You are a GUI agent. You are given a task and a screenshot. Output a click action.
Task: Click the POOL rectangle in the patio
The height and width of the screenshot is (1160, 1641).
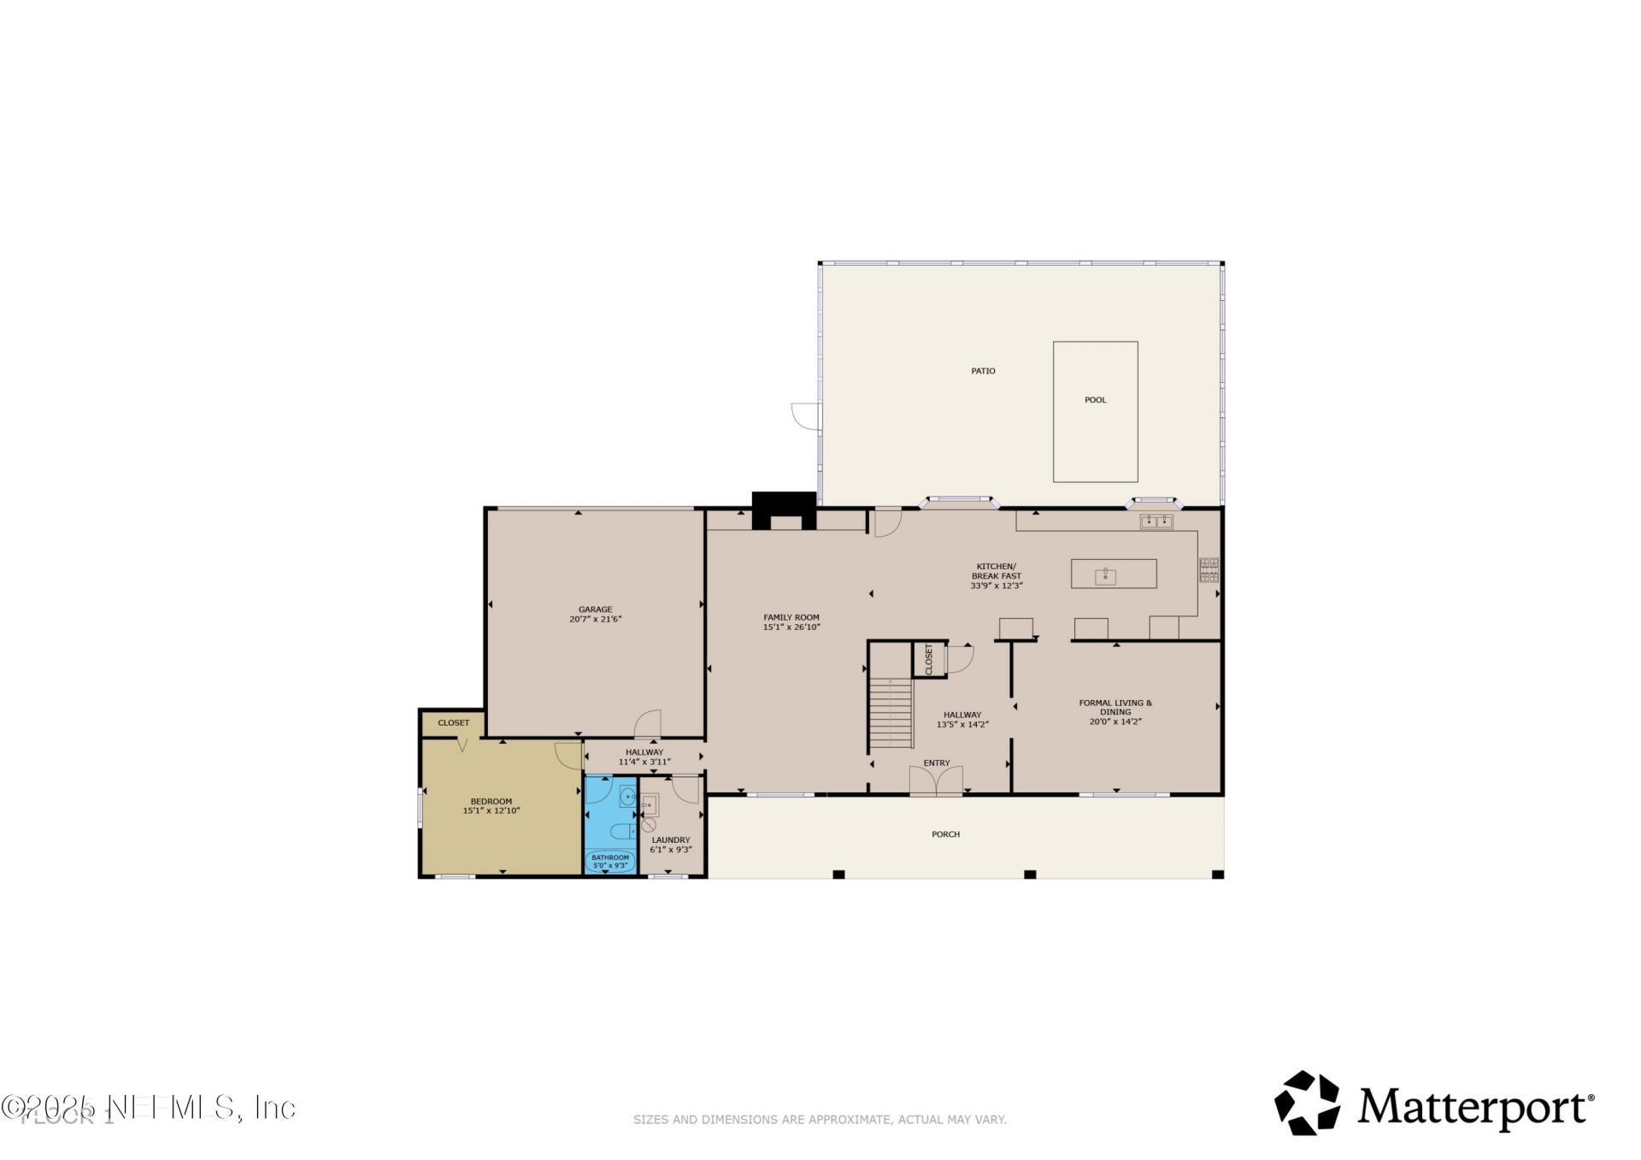[1095, 412]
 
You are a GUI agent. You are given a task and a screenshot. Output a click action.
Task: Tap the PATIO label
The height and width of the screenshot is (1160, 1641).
[983, 371]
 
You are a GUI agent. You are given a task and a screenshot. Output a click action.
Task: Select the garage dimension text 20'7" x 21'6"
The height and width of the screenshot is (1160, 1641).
[595, 619]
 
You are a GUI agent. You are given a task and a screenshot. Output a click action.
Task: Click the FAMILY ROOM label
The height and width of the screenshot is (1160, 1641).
[791, 617]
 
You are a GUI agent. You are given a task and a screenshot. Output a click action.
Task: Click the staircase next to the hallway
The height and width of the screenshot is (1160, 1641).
[891, 713]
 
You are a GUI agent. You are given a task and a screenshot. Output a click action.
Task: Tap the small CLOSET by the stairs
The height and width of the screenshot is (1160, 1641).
[928, 659]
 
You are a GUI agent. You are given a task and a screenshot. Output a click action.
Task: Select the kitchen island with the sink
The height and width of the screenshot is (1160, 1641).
[1114, 574]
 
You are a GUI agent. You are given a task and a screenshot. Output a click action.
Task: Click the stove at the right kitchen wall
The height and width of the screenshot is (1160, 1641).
[1209, 569]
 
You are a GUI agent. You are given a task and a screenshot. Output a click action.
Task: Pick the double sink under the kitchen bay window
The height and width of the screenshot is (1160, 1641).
[1156, 521]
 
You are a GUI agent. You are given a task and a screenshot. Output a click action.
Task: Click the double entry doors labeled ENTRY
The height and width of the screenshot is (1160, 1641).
[936, 780]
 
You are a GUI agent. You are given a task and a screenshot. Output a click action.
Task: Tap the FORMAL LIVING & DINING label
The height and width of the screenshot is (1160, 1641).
[1115, 708]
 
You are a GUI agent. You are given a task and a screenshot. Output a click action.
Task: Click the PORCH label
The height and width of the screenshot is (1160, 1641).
[945, 834]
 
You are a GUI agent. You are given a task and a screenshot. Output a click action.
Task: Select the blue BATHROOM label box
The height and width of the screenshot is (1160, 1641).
[610, 861]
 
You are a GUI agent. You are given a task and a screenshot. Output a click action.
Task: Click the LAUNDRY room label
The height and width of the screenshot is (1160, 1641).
[670, 840]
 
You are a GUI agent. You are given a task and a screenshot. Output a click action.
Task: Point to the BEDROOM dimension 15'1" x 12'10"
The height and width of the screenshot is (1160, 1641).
[491, 810]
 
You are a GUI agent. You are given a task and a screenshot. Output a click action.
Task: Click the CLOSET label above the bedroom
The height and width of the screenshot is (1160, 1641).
[453, 722]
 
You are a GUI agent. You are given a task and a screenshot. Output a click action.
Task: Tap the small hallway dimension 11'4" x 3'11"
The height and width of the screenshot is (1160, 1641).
[644, 762]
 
